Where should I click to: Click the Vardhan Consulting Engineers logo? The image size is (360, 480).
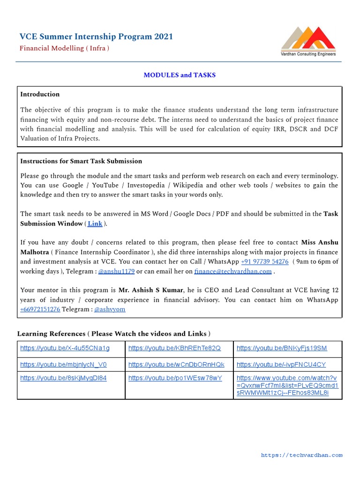tap(308, 41)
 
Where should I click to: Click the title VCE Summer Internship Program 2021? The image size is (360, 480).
tap(96, 37)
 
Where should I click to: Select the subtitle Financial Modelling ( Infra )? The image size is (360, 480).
tap(64, 48)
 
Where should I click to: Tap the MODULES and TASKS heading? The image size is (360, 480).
tap(180, 75)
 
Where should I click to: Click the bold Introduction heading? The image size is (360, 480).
tap(40, 94)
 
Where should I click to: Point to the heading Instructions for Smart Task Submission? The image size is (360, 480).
tap(81, 161)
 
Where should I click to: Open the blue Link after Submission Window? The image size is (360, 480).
tap(95, 224)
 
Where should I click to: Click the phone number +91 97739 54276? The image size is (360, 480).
tap(264, 262)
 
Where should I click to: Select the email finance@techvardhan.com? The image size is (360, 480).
tap(233, 271)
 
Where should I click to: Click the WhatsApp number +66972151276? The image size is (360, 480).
tap(40, 309)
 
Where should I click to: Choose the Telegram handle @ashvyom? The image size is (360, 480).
tap(110, 309)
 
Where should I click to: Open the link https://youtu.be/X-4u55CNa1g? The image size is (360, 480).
tap(65, 348)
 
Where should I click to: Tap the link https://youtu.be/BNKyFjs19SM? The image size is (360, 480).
tap(282, 348)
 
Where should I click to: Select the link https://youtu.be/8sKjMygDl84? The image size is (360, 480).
tap(63, 378)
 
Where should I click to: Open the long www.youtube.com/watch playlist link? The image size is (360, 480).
tap(287, 385)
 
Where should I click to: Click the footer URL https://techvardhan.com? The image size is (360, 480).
tap(301, 455)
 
